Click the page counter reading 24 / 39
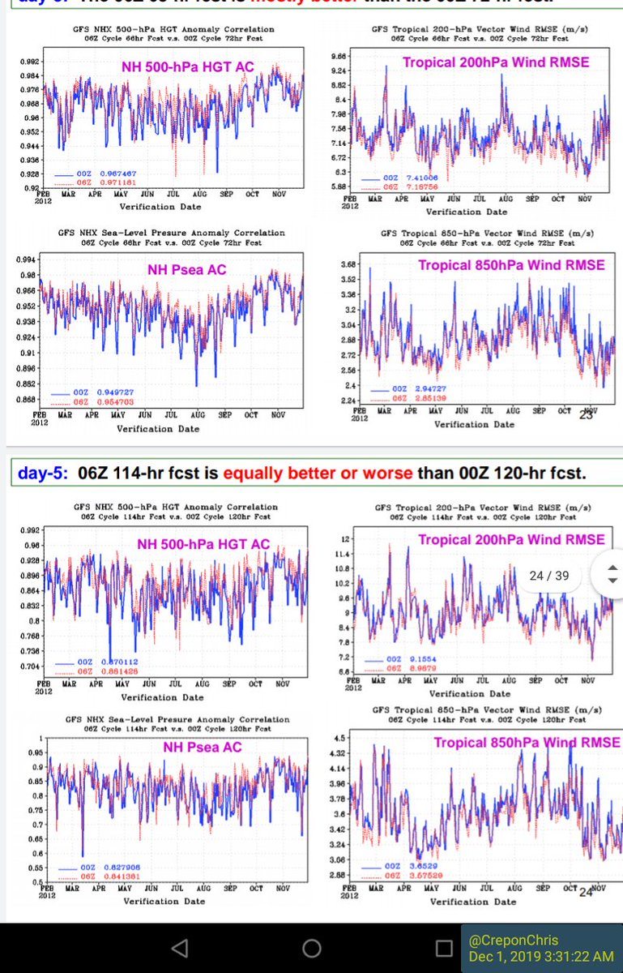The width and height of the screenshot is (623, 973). click(548, 575)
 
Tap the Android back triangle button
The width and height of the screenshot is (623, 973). click(181, 948)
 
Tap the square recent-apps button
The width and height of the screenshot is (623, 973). click(443, 948)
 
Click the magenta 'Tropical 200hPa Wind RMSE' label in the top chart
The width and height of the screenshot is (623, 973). click(495, 62)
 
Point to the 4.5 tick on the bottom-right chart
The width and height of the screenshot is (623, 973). click(339, 738)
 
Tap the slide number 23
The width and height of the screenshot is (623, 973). click(586, 415)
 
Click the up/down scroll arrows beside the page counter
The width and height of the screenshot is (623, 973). click(612, 575)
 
